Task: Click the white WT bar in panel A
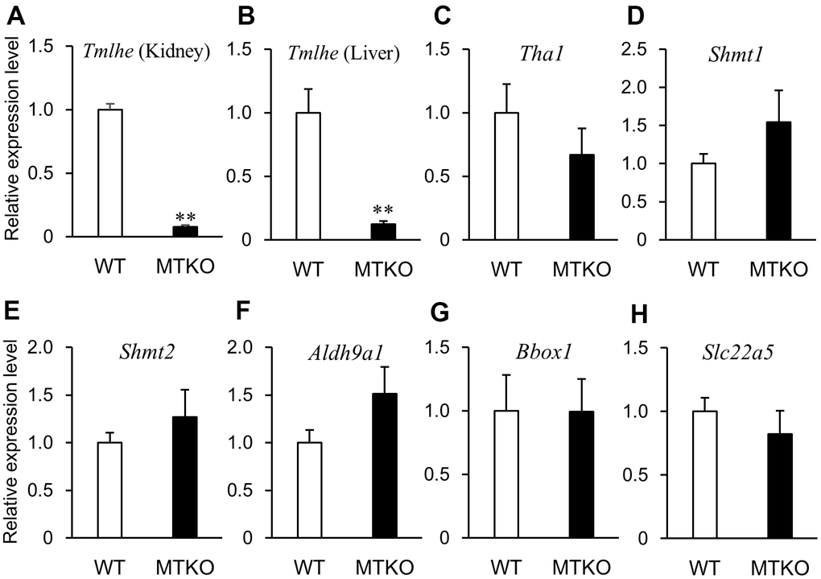point(109,172)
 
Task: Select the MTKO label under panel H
point(782,565)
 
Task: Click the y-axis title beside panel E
point(13,440)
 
